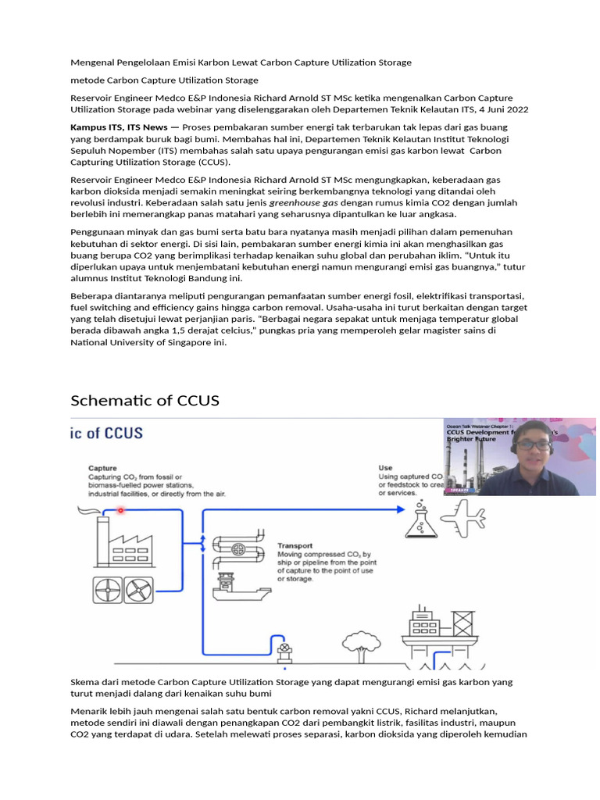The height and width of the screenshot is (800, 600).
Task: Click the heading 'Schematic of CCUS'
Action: point(145,401)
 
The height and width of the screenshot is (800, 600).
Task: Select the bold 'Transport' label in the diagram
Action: point(295,546)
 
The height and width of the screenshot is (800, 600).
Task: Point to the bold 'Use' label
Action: point(385,468)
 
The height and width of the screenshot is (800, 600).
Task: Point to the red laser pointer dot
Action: point(120,510)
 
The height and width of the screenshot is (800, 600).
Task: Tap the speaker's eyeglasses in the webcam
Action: point(534,445)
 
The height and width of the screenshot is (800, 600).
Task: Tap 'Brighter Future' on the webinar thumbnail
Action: point(471,439)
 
